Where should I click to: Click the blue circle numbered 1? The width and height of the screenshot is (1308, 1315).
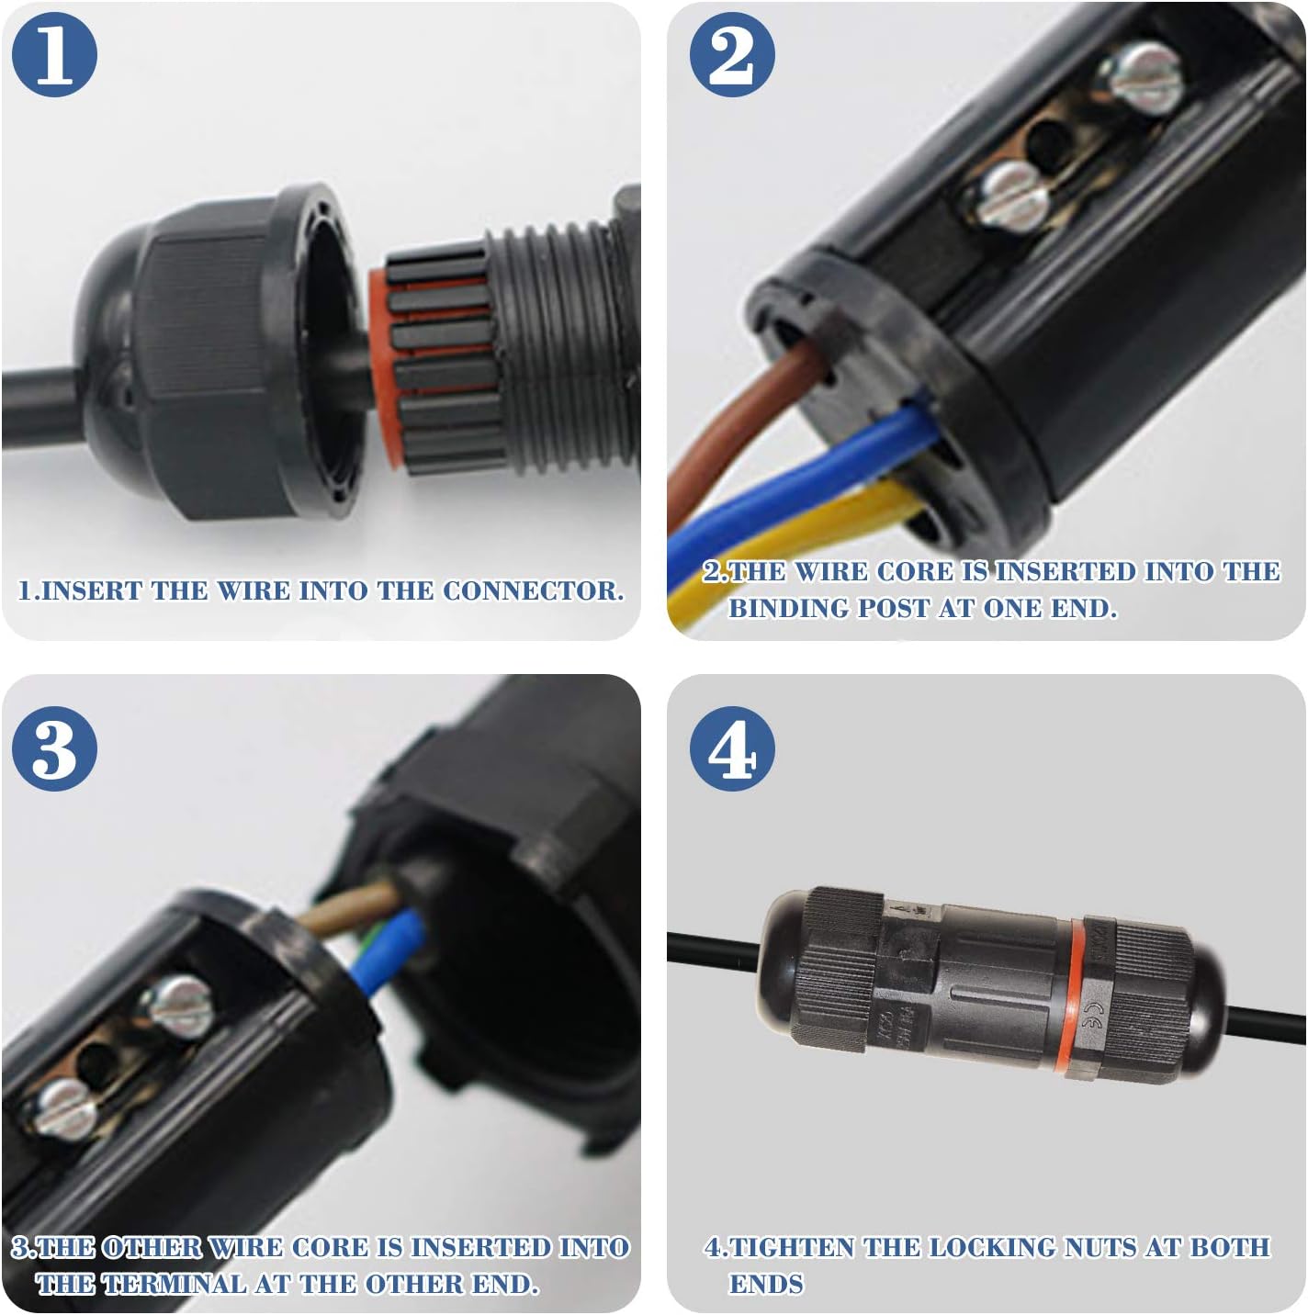(54, 54)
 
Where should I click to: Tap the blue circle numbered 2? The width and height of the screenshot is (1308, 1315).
(732, 54)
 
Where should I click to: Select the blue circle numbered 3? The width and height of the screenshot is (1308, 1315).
(54, 748)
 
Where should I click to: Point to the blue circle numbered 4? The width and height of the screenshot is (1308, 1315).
(732, 748)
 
